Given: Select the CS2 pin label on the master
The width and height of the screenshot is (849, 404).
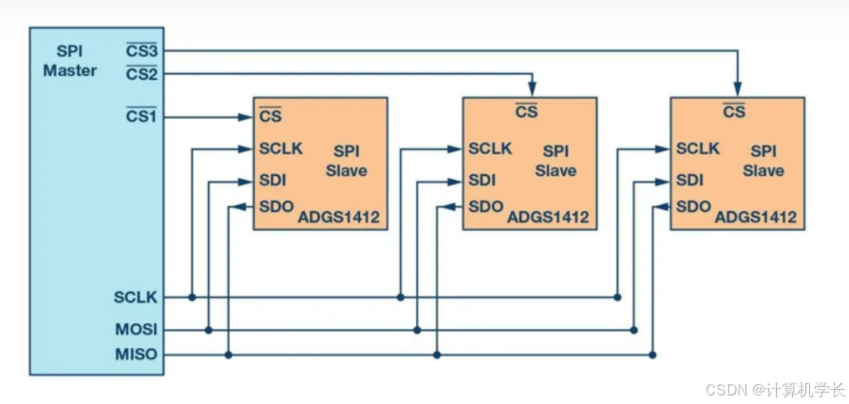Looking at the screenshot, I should (141, 73).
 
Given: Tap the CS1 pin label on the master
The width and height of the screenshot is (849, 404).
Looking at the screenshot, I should (141, 117).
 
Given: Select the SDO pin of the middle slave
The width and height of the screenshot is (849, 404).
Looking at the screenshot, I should (485, 206).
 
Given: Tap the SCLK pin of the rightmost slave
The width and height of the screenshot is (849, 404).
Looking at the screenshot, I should (698, 148).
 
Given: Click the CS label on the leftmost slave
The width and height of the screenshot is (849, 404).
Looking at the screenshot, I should (269, 118).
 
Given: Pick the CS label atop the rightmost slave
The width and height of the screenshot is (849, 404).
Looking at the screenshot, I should (734, 111).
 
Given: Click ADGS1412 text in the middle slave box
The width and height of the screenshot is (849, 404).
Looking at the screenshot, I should (548, 218).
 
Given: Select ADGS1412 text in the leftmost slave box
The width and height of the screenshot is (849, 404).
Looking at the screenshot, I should (338, 218).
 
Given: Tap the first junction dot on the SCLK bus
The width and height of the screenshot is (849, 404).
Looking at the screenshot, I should (192, 298).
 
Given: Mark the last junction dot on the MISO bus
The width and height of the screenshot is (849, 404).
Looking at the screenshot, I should (651, 355).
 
